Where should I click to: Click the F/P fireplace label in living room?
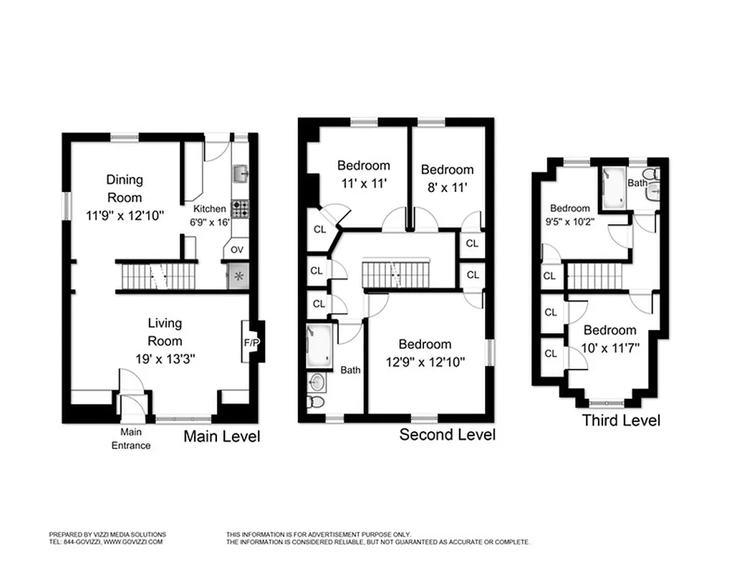click(251, 342)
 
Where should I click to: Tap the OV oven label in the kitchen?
click(236, 251)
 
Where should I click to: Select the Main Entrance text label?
click(130, 439)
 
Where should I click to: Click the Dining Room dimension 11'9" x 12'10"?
click(125, 214)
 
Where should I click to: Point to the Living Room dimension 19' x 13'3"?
click(165, 357)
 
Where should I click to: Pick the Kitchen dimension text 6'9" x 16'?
click(211, 222)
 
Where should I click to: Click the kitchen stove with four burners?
click(241, 208)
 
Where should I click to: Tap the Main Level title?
click(222, 436)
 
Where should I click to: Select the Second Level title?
click(447, 435)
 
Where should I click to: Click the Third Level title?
click(621, 420)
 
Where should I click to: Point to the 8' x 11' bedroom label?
click(447, 188)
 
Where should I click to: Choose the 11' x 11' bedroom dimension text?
click(363, 183)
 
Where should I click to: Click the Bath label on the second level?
click(350, 370)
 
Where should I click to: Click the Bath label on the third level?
click(637, 183)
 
